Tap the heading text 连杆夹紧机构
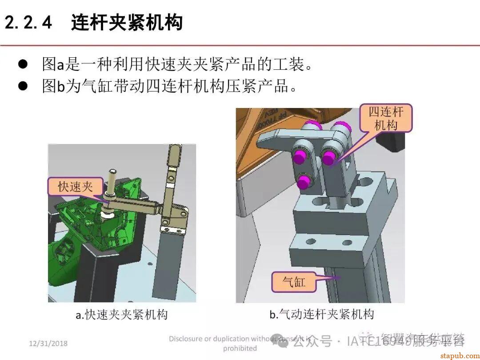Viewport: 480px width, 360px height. pos(127,23)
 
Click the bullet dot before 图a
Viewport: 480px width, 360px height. pos(23,64)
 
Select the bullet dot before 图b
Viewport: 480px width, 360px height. pos(23,85)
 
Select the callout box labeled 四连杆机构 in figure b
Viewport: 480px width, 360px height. pos(385,119)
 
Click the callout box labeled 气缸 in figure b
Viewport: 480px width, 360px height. pos(294,281)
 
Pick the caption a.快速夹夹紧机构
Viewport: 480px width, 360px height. pos(121,315)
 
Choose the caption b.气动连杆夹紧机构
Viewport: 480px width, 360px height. pos(322,315)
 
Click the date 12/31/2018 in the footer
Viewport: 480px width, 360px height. pos(48,343)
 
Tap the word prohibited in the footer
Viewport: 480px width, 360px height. pos(240,348)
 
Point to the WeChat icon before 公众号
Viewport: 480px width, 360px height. pos(282,341)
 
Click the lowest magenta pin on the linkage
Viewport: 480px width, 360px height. pos(304,181)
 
